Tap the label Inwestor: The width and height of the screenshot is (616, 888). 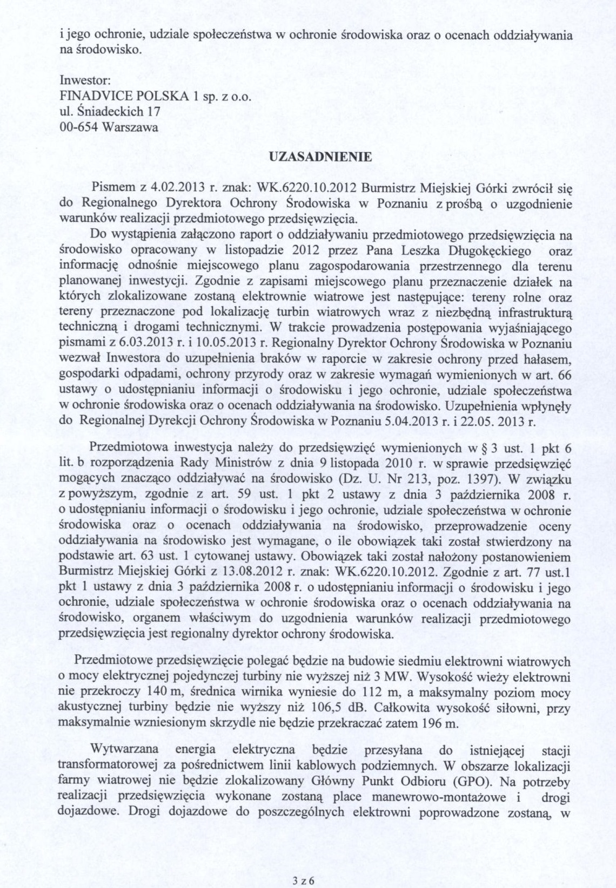[x=85, y=80]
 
